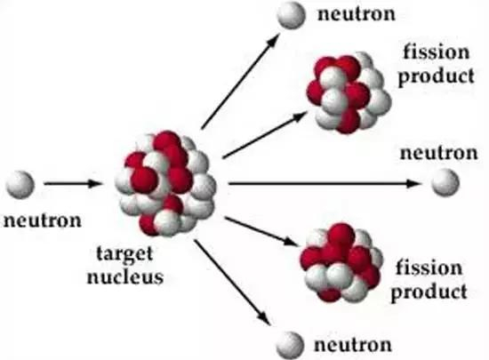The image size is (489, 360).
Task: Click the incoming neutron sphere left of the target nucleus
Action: click(x=20, y=185)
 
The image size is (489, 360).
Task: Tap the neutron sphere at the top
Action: click(x=292, y=14)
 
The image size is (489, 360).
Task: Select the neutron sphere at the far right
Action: click(x=445, y=182)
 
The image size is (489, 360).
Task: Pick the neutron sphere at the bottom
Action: click(x=291, y=346)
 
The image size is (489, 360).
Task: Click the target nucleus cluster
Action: click(x=165, y=183)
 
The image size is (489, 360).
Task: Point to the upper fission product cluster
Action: click(x=349, y=92)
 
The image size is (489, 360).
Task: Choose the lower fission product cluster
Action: click(x=341, y=263)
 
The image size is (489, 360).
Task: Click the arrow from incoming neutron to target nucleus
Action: click(x=73, y=184)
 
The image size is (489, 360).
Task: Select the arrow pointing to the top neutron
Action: click(x=240, y=81)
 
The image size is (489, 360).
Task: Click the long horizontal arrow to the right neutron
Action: click(x=325, y=184)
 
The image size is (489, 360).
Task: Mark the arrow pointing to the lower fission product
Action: click(x=261, y=232)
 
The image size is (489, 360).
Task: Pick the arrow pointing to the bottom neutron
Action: click(x=233, y=283)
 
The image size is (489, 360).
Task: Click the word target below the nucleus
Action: click(x=124, y=253)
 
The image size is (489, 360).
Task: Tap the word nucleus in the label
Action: click(x=125, y=276)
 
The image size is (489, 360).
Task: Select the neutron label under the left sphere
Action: click(x=43, y=220)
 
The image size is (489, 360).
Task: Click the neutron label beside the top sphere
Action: click(x=357, y=14)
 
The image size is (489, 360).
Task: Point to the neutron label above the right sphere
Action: click(x=439, y=153)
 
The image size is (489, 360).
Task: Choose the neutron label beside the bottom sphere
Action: click(x=353, y=345)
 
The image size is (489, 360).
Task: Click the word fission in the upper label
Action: click(x=437, y=52)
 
